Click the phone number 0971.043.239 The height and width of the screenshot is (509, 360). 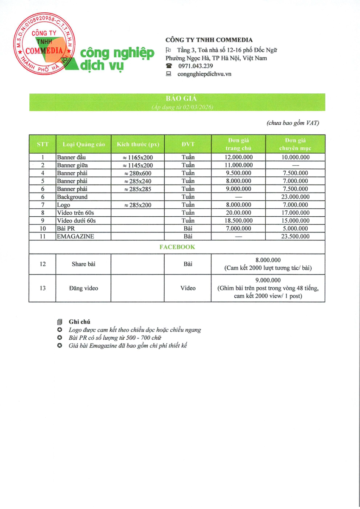click(196, 66)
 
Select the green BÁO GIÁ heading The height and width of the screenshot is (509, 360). click(177, 98)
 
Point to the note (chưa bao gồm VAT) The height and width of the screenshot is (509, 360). click(292, 123)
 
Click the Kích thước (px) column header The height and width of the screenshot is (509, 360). click(138, 144)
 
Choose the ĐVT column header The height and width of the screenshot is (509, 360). click(188, 144)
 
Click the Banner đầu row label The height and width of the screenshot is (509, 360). click(71, 157)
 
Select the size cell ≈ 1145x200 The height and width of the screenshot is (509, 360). click(138, 165)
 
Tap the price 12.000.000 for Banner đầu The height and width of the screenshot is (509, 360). click(238, 157)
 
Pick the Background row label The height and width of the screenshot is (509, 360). click(72, 197)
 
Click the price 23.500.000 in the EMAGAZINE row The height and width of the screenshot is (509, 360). click(295, 237)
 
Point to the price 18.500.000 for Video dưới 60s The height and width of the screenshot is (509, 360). click(238, 221)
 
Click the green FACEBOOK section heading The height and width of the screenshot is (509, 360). click(177, 247)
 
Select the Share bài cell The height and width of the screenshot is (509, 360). click(83, 264)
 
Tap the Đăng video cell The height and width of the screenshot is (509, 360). click(83, 288)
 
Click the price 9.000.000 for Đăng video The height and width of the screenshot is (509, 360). click(268, 280)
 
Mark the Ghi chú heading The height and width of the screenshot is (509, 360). click(79, 322)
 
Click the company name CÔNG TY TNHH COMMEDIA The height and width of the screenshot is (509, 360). click(209, 40)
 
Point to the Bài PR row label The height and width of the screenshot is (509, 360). click(65, 229)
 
